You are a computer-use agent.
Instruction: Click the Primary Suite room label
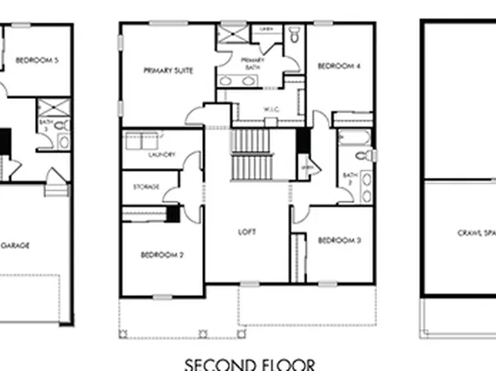click(x=168, y=71)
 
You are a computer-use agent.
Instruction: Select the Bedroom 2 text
click(x=161, y=255)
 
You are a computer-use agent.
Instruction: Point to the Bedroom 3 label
click(x=339, y=240)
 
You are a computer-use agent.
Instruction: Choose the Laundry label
click(x=161, y=155)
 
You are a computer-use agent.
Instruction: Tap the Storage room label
click(x=146, y=186)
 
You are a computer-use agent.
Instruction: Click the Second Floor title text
click(x=250, y=364)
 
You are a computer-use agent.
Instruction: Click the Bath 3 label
click(x=43, y=126)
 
